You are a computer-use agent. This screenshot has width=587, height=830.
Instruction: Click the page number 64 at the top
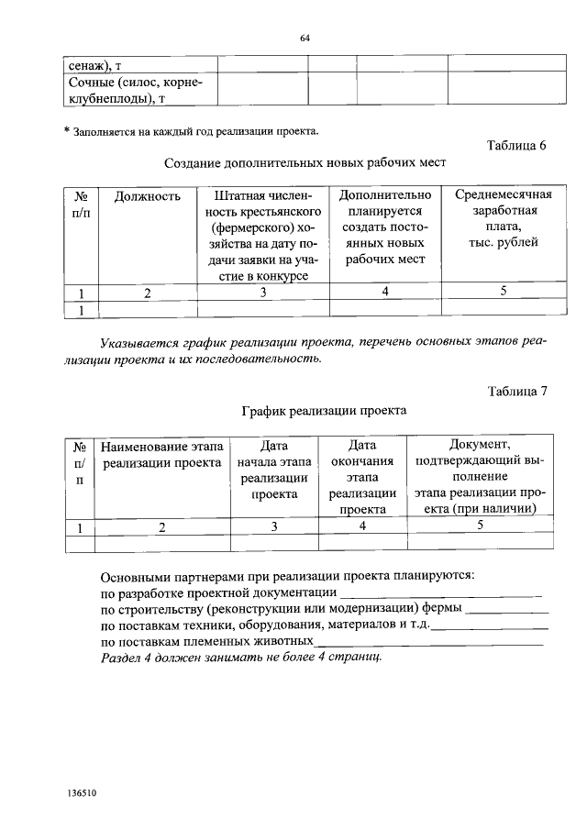tap(305, 38)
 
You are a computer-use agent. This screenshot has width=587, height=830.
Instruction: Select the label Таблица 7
tap(515, 391)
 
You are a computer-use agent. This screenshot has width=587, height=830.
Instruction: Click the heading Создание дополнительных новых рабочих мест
tap(305, 163)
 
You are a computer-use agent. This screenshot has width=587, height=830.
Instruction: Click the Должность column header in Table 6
tap(154, 196)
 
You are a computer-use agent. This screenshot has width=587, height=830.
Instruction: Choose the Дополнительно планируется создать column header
tap(384, 227)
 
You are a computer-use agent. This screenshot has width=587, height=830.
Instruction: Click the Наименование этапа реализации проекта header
tap(162, 455)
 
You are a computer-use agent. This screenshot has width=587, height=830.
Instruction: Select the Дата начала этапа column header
tap(274, 470)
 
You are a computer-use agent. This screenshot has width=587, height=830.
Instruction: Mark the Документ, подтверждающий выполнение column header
tap(480, 478)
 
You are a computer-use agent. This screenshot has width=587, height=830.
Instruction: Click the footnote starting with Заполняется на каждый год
tap(194, 130)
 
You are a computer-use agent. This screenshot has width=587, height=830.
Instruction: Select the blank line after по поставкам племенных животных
tap(430, 642)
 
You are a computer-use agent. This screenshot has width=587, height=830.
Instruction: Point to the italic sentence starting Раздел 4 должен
tap(241, 658)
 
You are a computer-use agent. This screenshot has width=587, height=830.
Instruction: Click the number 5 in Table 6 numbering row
tap(503, 292)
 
